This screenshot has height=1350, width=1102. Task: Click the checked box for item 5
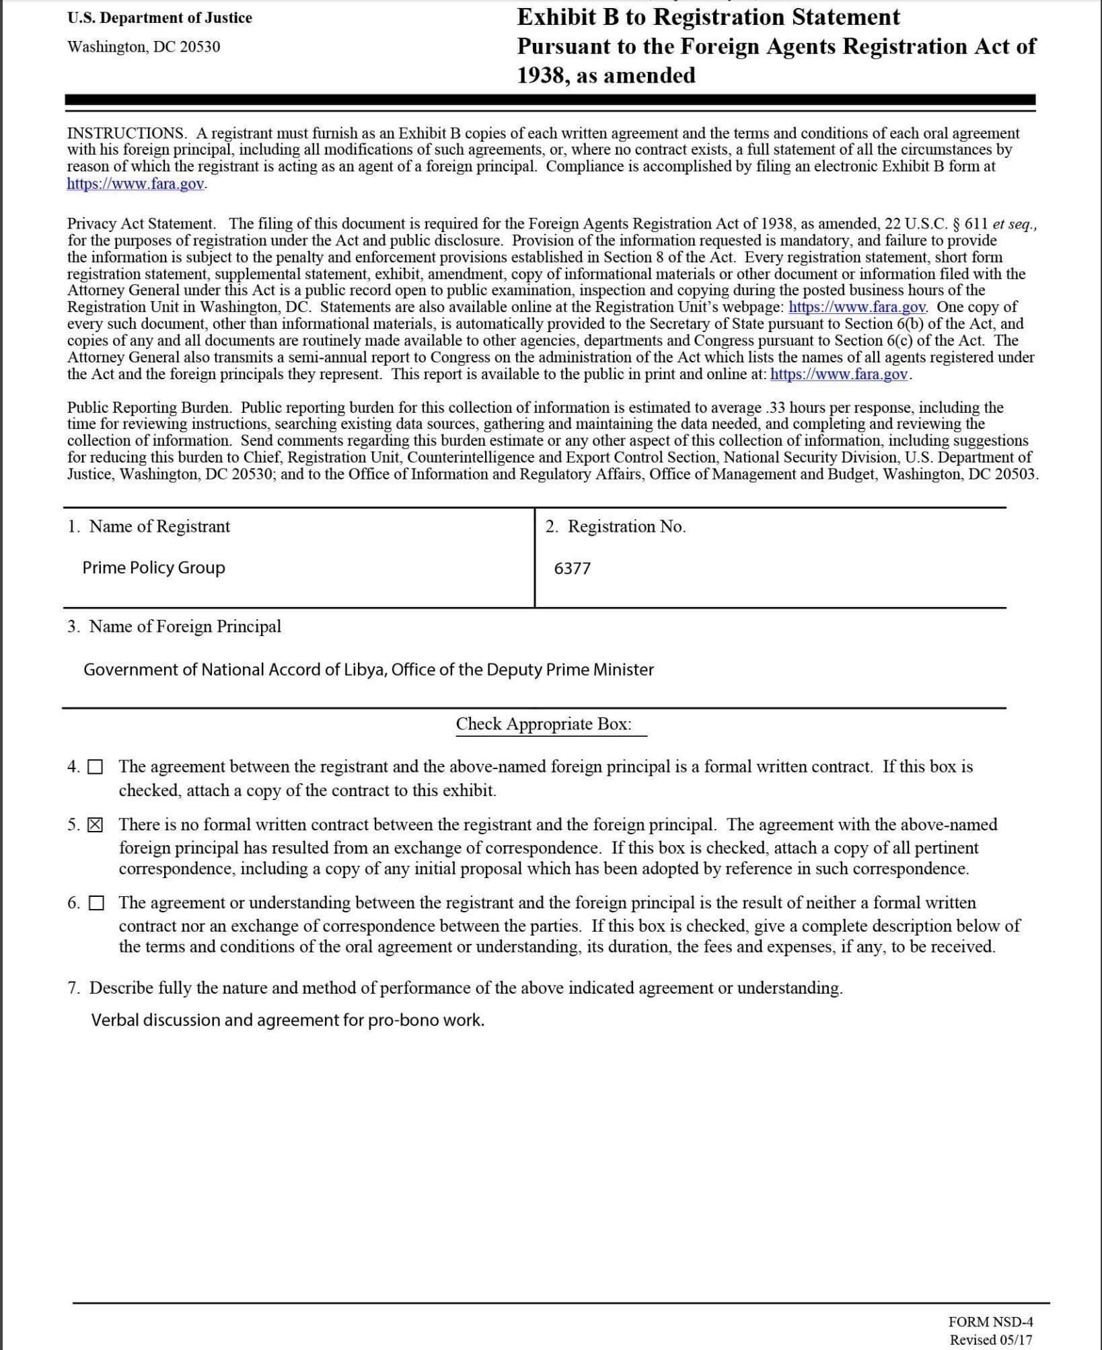click(x=96, y=825)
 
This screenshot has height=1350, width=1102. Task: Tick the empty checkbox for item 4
click(x=96, y=767)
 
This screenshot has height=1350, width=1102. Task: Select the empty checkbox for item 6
click(x=96, y=903)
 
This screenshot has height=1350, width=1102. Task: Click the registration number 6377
click(x=572, y=569)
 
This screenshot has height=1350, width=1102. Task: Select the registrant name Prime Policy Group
click(x=153, y=568)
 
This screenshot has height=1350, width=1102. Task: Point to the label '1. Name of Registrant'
click(x=149, y=526)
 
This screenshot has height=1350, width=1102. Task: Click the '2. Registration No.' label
click(x=616, y=526)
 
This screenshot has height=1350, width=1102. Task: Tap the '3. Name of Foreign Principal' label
click(x=174, y=627)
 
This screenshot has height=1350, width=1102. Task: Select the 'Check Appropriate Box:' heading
click(x=544, y=724)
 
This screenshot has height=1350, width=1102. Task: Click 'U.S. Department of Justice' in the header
click(x=159, y=18)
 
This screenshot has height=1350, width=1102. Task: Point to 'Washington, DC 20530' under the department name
click(x=143, y=47)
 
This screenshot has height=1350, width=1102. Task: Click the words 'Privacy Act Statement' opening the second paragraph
click(x=141, y=224)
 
